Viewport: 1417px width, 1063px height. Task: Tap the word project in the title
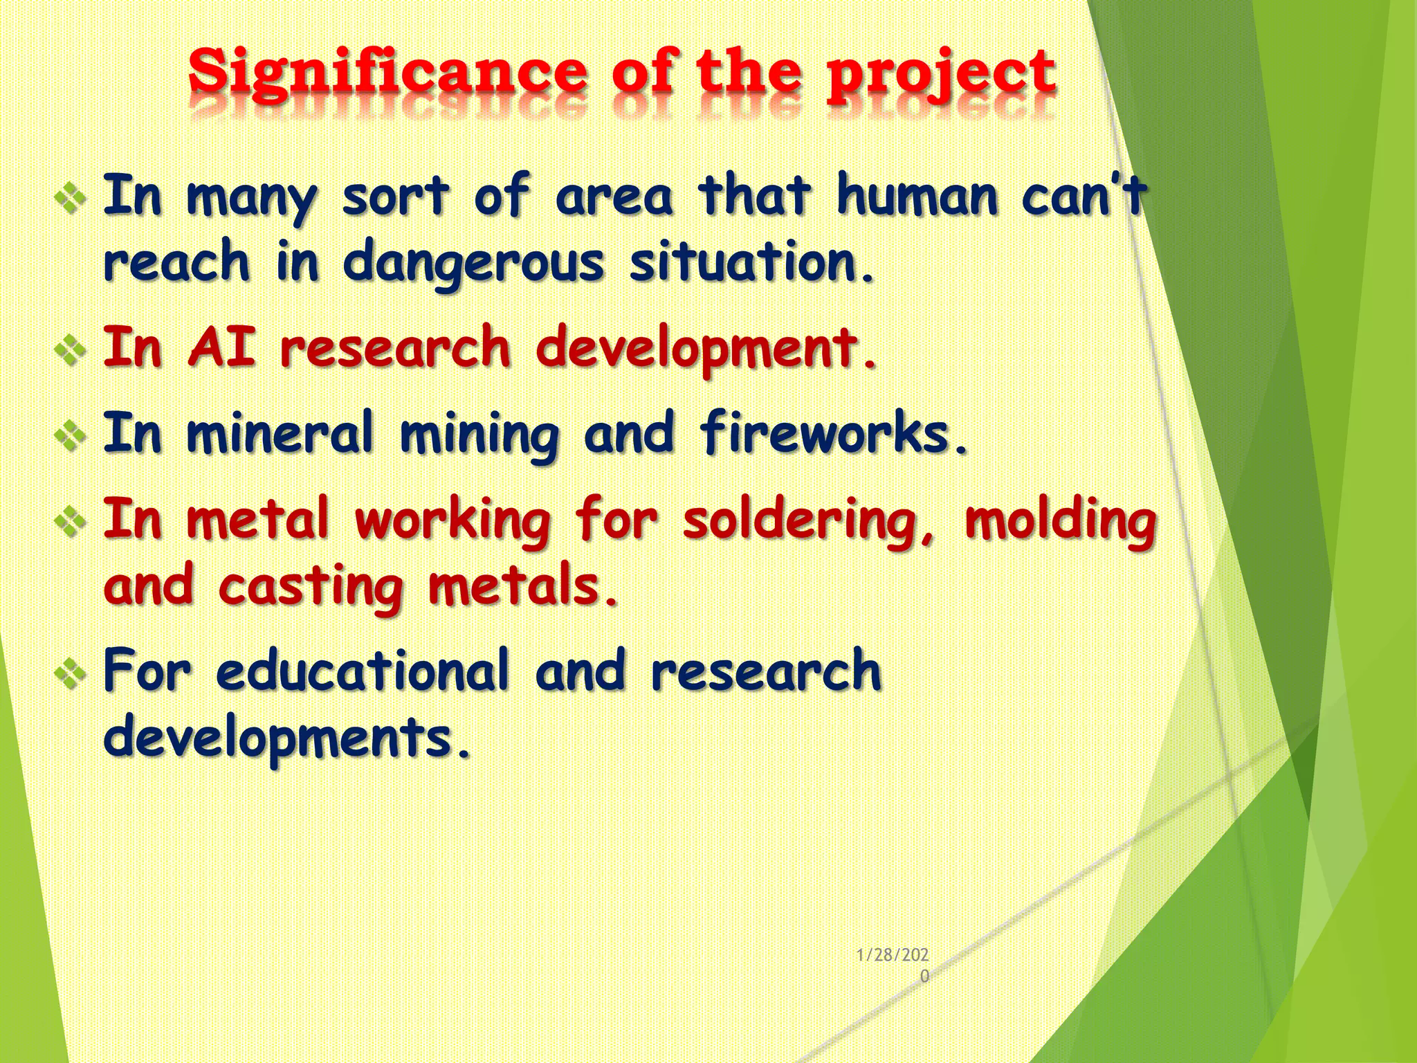tap(941, 75)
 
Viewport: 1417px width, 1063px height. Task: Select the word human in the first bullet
tap(917, 197)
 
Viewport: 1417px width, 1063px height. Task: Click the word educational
tap(362, 671)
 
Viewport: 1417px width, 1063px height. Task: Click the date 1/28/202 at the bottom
tap(893, 956)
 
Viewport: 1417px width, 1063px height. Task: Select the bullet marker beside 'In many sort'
tap(71, 201)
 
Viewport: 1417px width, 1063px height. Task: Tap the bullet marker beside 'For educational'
tap(71, 675)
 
